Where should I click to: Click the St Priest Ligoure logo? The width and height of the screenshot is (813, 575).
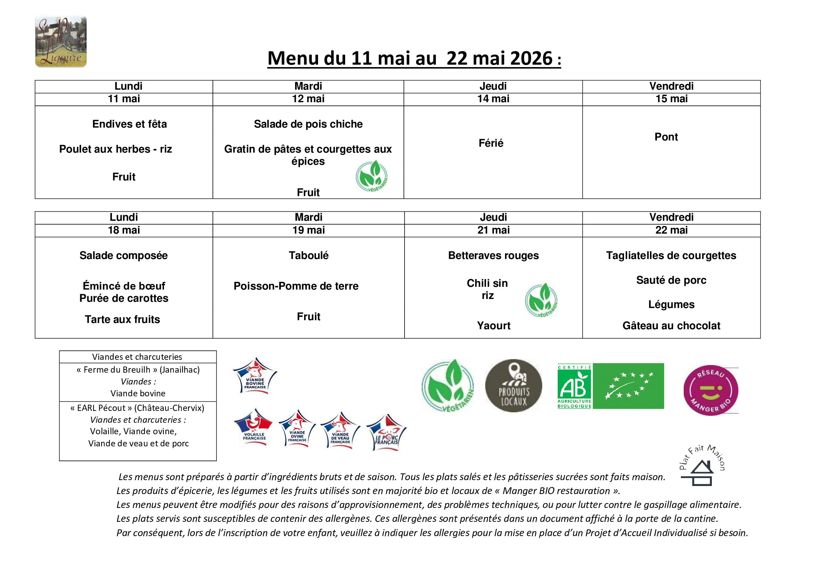pyautogui.click(x=61, y=41)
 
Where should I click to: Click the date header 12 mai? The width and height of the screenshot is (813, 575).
pyautogui.click(x=308, y=99)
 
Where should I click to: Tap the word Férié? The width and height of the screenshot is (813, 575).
pyautogui.click(x=491, y=143)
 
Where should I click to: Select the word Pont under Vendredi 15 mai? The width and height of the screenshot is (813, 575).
pyautogui.click(x=666, y=137)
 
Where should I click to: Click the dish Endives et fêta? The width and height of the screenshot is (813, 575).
pyautogui.click(x=129, y=124)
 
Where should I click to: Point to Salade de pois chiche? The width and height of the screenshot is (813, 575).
pyautogui.click(x=308, y=124)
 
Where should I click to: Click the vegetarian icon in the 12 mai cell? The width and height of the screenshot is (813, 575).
pyautogui.click(x=372, y=176)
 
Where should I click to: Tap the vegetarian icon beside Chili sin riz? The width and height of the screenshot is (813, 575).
pyautogui.click(x=541, y=300)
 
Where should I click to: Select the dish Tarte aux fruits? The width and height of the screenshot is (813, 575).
pyautogui.click(x=122, y=319)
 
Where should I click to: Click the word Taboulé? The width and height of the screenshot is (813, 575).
pyautogui.click(x=308, y=255)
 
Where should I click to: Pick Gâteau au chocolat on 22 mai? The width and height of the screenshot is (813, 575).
pyautogui.click(x=671, y=326)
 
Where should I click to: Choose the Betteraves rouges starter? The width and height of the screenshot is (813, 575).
pyautogui.click(x=493, y=255)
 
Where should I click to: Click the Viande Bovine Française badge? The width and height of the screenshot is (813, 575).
pyautogui.click(x=255, y=376)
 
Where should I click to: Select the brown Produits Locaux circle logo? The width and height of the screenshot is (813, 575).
pyautogui.click(x=513, y=386)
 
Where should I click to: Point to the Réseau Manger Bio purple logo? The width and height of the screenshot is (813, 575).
pyautogui.click(x=710, y=390)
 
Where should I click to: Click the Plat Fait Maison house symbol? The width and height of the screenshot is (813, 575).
pyautogui.click(x=701, y=473)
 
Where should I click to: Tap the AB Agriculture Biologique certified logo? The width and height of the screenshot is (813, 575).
pyautogui.click(x=574, y=386)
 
